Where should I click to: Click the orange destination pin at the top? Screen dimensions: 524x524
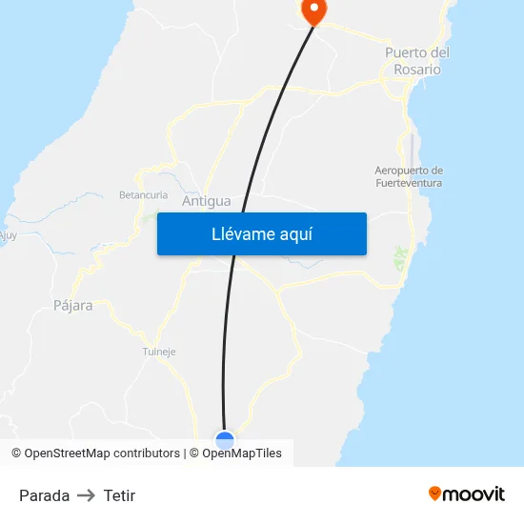tap(312, 10)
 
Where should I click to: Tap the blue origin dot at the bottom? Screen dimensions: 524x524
tap(225, 440)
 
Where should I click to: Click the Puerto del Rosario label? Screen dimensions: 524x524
tap(417, 61)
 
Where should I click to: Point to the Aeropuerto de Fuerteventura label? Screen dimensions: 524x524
tap(409, 176)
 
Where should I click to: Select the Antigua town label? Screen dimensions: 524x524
tap(206, 201)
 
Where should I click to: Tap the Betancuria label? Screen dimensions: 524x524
tap(143, 194)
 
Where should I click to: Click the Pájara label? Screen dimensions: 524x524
tap(73, 306)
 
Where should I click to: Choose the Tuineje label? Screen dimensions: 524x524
tap(159, 352)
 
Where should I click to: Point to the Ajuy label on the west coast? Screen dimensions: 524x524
tap(8, 235)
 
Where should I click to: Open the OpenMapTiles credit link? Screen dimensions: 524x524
tap(242, 453)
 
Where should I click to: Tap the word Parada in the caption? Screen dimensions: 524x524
tap(44, 495)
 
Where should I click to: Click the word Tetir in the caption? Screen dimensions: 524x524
tap(119, 495)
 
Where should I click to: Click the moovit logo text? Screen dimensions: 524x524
tap(474, 494)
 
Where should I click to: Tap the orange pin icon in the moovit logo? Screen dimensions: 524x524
tap(435, 494)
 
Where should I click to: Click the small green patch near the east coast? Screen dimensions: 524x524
tap(401, 256)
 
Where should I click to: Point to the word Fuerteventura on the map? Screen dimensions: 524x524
tap(409, 183)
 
